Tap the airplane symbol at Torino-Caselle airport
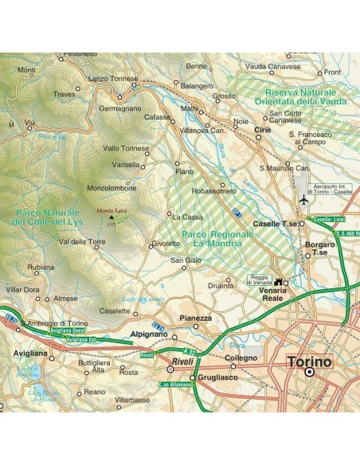click(304, 201)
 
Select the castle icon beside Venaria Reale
click(279, 282)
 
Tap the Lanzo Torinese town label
click(114, 78)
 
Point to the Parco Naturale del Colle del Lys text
click(47, 217)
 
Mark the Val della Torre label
click(82, 241)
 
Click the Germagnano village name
click(120, 107)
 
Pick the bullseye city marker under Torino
click(311, 372)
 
